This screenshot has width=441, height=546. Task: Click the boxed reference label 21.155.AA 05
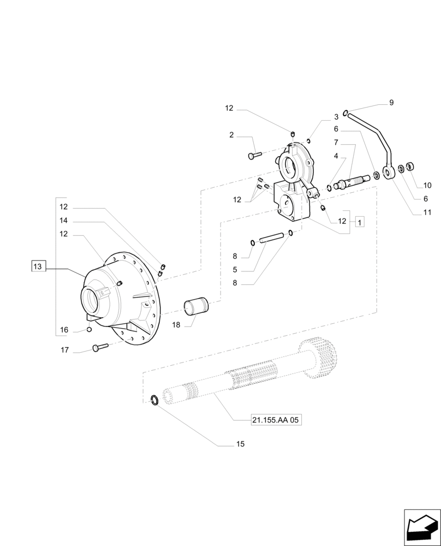(276, 420)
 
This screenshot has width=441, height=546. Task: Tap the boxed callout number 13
(37, 266)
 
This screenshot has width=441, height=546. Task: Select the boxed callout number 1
(360, 221)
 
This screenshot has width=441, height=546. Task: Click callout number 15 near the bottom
(240, 444)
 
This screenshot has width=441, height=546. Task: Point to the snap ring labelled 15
(155, 400)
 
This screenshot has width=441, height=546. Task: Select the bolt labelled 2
(254, 156)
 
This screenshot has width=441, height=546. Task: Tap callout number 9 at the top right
(391, 103)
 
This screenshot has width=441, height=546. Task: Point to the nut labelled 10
(411, 167)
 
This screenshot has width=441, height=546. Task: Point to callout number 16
(64, 330)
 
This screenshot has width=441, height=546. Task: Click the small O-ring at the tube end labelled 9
(346, 113)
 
